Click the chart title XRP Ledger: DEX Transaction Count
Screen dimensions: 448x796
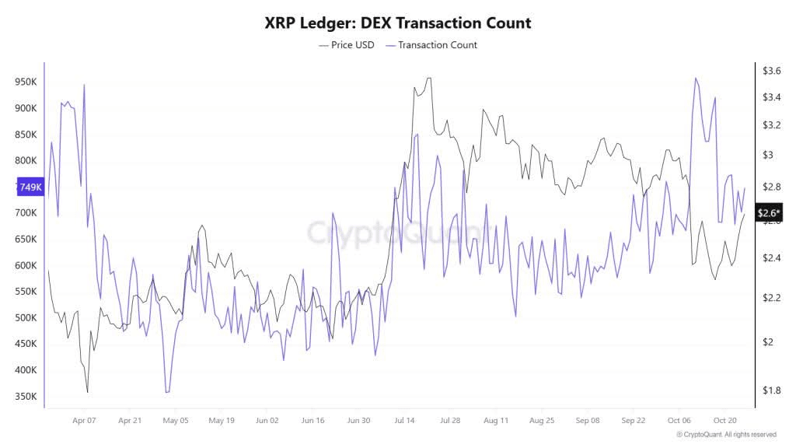(x=398, y=23)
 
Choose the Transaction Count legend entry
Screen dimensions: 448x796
(x=437, y=45)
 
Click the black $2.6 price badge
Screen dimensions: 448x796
(x=768, y=212)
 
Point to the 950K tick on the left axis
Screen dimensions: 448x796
(x=26, y=82)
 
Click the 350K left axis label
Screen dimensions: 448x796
(x=26, y=397)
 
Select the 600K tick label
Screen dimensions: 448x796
(x=26, y=265)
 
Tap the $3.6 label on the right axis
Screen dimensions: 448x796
(x=771, y=71)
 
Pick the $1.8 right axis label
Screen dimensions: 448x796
(x=771, y=390)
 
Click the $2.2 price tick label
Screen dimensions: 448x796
(x=771, y=298)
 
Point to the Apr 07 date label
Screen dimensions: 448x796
(x=84, y=420)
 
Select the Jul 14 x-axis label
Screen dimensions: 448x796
(x=404, y=420)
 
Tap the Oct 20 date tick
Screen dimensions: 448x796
(x=724, y=420)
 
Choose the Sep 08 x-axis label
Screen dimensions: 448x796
(x=588, y=420)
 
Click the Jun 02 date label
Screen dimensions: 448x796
(x=267, y=420)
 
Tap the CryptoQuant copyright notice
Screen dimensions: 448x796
(x=726, y=434)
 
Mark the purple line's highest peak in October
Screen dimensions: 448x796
(x=695, y=78)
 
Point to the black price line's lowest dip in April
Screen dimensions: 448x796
(x=87, y=392)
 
